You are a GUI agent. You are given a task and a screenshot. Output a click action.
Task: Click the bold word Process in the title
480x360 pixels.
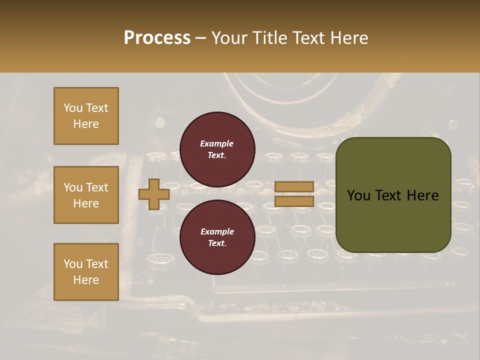pyautogui.click(x=157, y=37)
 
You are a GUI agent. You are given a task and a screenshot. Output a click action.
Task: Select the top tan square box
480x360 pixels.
pyautogui.click(x=86, y=116)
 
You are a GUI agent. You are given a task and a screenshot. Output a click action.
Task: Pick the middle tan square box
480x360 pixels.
pyautogui.click(x=86, y=195)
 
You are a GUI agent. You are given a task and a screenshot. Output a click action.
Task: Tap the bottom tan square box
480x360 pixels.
pyautogui.click(x=86, y=272)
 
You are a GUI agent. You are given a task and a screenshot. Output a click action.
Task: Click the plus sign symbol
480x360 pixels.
pyautogui.click(x=153, y=194)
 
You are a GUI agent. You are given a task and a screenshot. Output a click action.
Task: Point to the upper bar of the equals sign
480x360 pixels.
pyautogui.click(x=294, y=186)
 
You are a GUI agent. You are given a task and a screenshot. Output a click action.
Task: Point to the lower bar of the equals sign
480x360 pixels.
pyautogui.click(x=294, y=201)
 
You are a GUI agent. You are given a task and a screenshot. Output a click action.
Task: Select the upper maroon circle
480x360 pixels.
pyautogui.click(x=217, y=149)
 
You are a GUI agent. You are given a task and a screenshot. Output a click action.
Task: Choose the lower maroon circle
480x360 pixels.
pyautogui.click(x=217, y=237)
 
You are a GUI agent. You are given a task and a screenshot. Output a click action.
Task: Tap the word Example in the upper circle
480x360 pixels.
pyautogui.click(x=217, y=143)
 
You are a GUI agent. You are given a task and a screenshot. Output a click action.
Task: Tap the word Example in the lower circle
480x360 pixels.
pyautogui.click(x=217, y=231)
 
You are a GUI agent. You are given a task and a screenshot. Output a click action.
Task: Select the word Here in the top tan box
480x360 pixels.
pyautogui.click(x=86, y=124)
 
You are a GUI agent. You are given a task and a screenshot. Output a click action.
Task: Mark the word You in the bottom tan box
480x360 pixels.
pyautogui.click(x=73, y=264)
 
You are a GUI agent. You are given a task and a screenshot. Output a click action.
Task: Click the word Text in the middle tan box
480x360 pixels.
pyautogui.click(x=97, y=187)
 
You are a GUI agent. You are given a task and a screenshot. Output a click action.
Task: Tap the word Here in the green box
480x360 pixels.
pyautogui.click(x=422, y=195)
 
